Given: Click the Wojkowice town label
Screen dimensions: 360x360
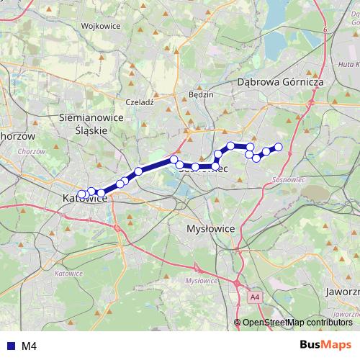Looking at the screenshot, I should (99, 25).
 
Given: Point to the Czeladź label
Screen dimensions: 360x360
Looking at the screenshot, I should (140, 102).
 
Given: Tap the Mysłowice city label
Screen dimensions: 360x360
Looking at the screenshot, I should (206, 228).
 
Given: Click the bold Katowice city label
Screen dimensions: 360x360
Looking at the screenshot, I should (85, 197).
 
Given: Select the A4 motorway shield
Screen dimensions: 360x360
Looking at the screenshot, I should (255, 296).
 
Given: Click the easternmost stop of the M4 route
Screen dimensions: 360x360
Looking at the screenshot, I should (279, 148).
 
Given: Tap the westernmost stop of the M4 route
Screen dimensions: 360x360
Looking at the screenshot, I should (81, 194).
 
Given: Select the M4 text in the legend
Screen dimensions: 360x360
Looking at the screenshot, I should (30, 346).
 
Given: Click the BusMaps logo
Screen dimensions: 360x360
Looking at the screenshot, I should (325, 345).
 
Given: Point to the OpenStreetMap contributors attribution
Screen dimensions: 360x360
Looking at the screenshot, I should (296, 323).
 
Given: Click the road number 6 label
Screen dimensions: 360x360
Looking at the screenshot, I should (325, 29).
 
